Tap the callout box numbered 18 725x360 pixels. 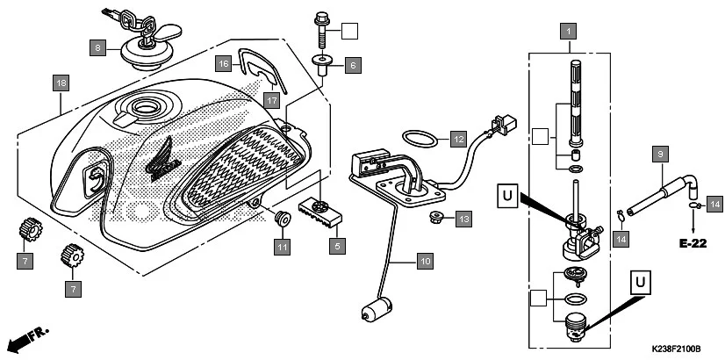pyautogui.click(x=60, y=83)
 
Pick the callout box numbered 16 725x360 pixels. pyautogui.click(x=225, y=63)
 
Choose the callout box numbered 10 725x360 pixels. pyautogui.click(x=425, y=261)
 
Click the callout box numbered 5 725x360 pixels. pyautogui.click(x=336, y=247)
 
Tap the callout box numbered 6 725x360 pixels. pyautogui.click(x=351, y=64)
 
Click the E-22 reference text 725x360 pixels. pyautogui.click(x=693, y=243)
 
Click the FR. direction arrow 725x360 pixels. pyautogui.click(x=28, y=337)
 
